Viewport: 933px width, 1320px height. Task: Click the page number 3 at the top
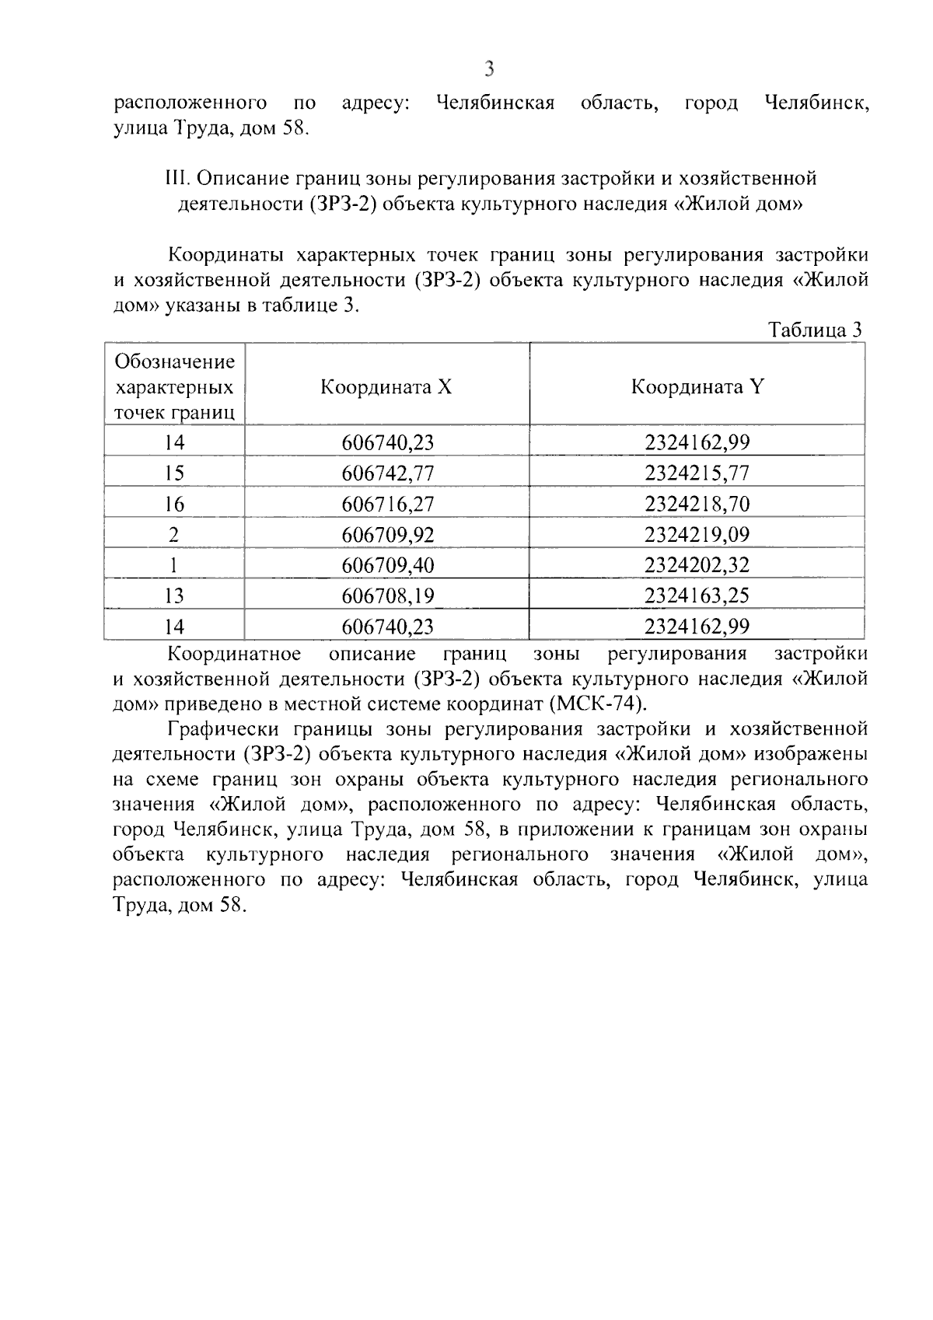(x=489, y=69)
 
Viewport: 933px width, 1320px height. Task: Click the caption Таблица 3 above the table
(x=815, y=330)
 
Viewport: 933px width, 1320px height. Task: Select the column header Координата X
(x=386, y=386)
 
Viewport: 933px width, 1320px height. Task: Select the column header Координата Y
(x=697, y=386)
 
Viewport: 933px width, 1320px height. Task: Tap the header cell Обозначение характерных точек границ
(x=175, y=386)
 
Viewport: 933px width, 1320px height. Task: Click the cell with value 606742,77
(x=387, y=473)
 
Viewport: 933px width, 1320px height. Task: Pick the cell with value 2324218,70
(x=697, y=504)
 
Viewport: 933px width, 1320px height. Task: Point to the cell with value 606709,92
(x=387, y=535)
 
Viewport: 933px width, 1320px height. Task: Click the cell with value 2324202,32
(x=697, y=565)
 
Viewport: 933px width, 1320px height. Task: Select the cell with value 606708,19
(x=387, y=595)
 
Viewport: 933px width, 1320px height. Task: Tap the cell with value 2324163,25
(x=697, y=595)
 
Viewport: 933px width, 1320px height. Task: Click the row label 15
(x=175, y=473)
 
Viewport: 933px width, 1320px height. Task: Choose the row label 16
(x=175, y=504)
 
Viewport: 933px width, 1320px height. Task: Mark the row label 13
(x=175, y=595)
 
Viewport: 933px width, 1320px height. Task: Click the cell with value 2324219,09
(x=697, y=535)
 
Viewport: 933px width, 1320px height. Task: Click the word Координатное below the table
(x=235, y=654)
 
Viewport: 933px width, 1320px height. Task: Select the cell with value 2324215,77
(x=697, y=473)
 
